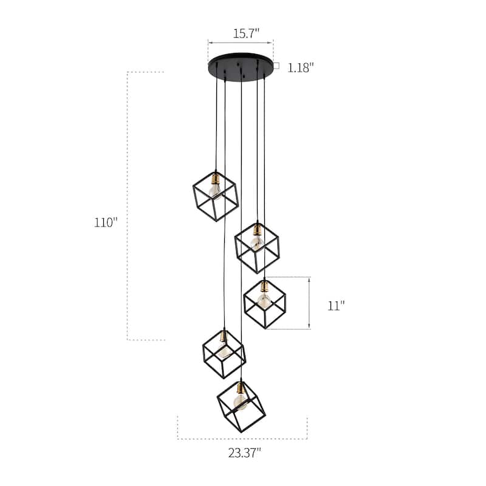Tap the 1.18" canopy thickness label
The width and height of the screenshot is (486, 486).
coord(300,67)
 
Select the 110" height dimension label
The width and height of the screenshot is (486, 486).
coord(105,222)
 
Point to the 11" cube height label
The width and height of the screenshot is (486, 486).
coord(336,306)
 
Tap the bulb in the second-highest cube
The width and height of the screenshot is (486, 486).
coord(257,243)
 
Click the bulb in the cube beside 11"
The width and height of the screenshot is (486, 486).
coord(263,300)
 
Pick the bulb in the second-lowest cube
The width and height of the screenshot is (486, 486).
coord(222,351)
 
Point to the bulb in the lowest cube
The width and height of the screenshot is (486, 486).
coord(241,403)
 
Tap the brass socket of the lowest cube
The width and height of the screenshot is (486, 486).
coord(241,388)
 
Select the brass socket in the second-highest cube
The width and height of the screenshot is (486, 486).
coord(258,230)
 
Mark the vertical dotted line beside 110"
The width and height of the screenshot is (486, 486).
coord(128,207)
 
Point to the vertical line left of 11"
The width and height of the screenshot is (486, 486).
coord(310,303)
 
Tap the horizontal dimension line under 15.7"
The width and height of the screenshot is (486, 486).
coord(241,43)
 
